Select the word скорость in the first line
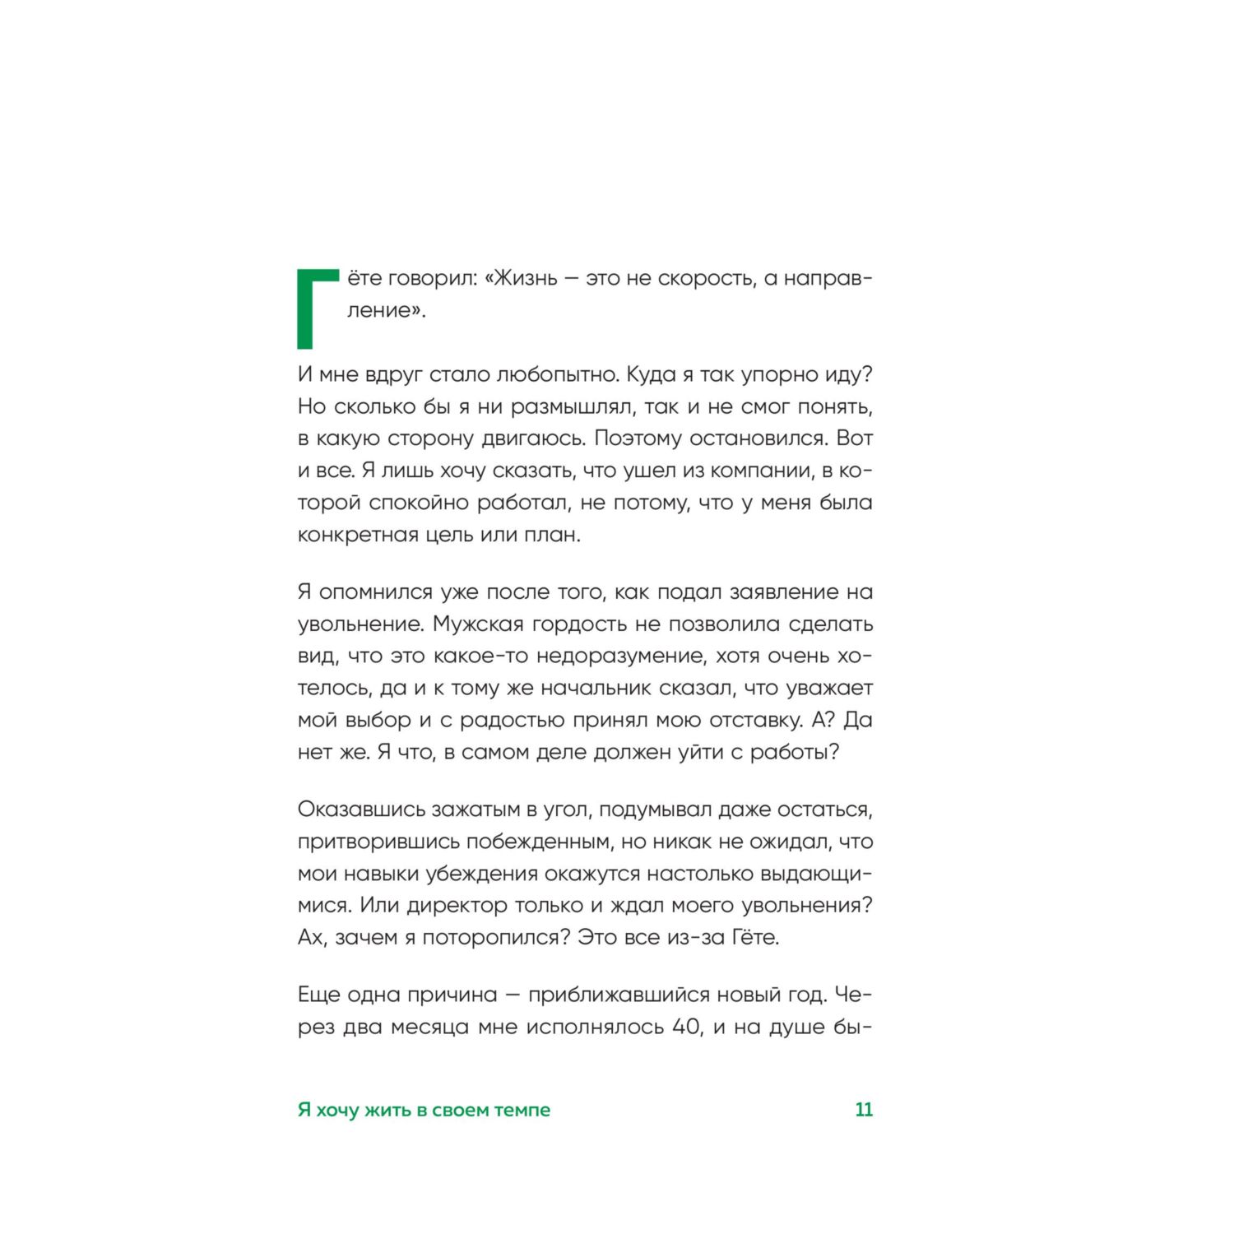click(x=706, y=279)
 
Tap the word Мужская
click(x=478, y=624)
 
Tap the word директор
click(x=457, y=906)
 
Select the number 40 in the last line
click(x=687, y=1028)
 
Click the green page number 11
click(x=864, y=1110)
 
